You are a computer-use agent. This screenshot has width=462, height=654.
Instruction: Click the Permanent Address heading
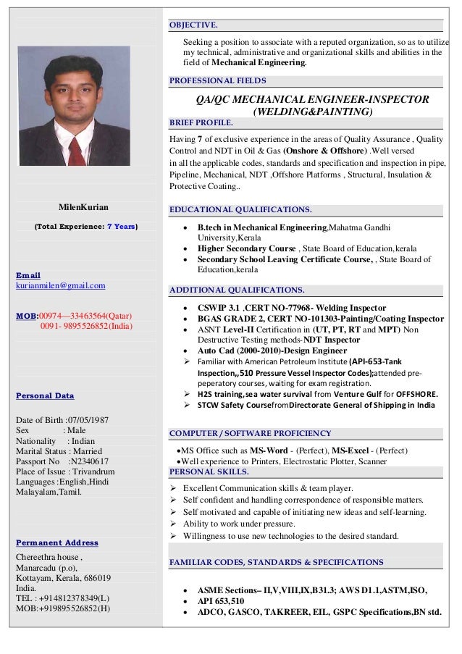pyautogui.click(x=56, y=542)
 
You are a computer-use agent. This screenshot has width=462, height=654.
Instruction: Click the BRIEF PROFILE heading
pyautogui.click(x=201, y=122)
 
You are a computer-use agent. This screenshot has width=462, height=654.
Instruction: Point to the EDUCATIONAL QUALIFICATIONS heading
pyautogui.click(x=240, y=210)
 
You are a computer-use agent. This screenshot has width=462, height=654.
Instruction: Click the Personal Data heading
pyautogui.click(x=46, y=395)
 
